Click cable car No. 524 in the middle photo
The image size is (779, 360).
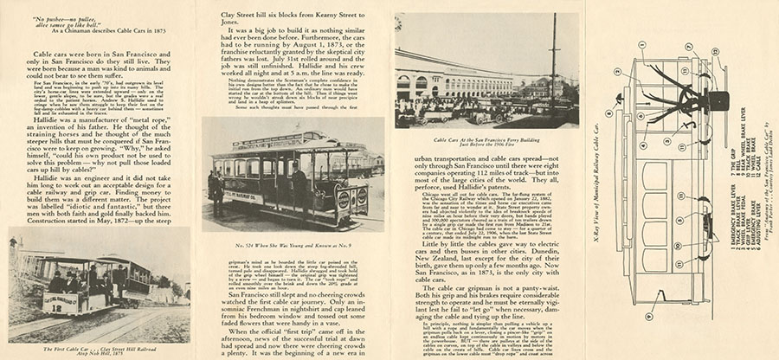click(285, 177)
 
